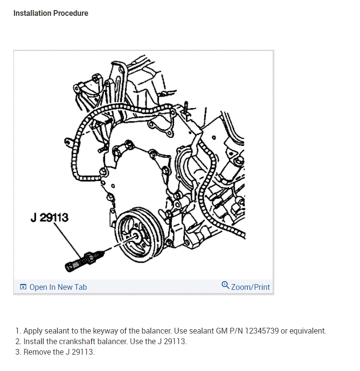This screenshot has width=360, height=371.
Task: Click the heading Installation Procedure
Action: (51, 13)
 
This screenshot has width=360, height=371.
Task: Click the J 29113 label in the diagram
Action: (49, 218)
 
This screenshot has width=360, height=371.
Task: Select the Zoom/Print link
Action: (250, 287)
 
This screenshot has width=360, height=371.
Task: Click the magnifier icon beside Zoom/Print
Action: (225, 286)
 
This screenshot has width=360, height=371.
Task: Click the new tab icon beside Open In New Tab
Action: (23, 287)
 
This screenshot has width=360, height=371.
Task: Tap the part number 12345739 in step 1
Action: (263, 331)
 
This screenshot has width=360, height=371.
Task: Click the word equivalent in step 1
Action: (307, 331)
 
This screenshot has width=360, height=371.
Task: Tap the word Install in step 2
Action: (34, 341)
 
